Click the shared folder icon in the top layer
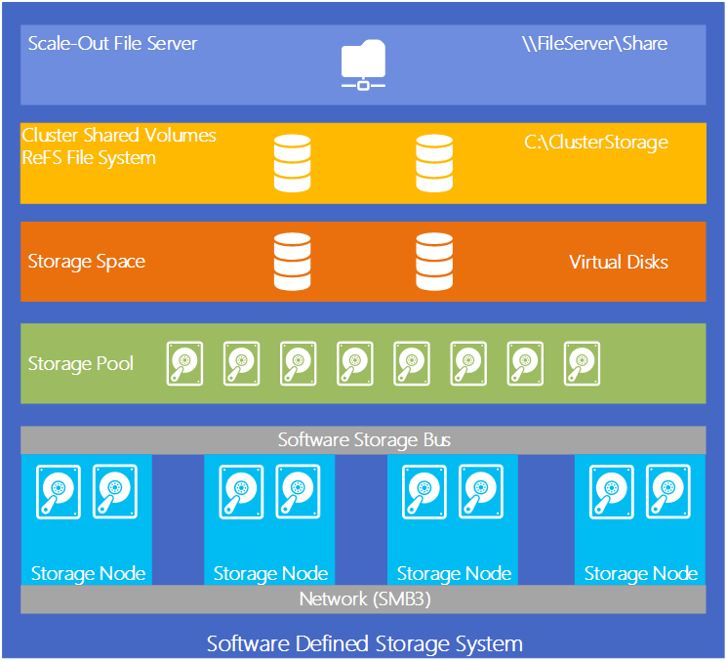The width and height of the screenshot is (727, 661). (363, 65)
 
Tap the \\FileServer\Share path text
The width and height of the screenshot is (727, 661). (595, 44)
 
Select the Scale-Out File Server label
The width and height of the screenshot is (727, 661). (112, 44)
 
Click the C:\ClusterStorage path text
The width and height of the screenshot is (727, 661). (595, 143)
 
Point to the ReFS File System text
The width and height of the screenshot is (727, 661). (89, 157)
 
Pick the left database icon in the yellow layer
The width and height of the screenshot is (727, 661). (292, 163)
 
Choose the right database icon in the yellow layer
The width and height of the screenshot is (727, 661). (433, 163)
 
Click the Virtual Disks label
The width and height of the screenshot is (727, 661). (619, 262)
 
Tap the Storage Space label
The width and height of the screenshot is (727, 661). (87, 262)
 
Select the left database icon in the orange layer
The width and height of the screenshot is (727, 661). (292, 261)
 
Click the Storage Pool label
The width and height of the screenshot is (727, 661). (81, 364)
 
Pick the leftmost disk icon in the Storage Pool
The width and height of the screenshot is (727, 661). (183, 363)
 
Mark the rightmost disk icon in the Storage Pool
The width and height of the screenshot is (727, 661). (582, 363)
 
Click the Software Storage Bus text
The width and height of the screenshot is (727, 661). (364, 440)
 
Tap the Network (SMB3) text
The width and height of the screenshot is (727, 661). (364, 599)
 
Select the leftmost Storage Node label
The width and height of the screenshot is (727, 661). (88, 573)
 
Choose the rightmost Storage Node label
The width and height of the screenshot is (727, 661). (640, 573)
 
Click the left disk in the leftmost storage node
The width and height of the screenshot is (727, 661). (59, 491)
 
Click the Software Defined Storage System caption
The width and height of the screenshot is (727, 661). (364, 643)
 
